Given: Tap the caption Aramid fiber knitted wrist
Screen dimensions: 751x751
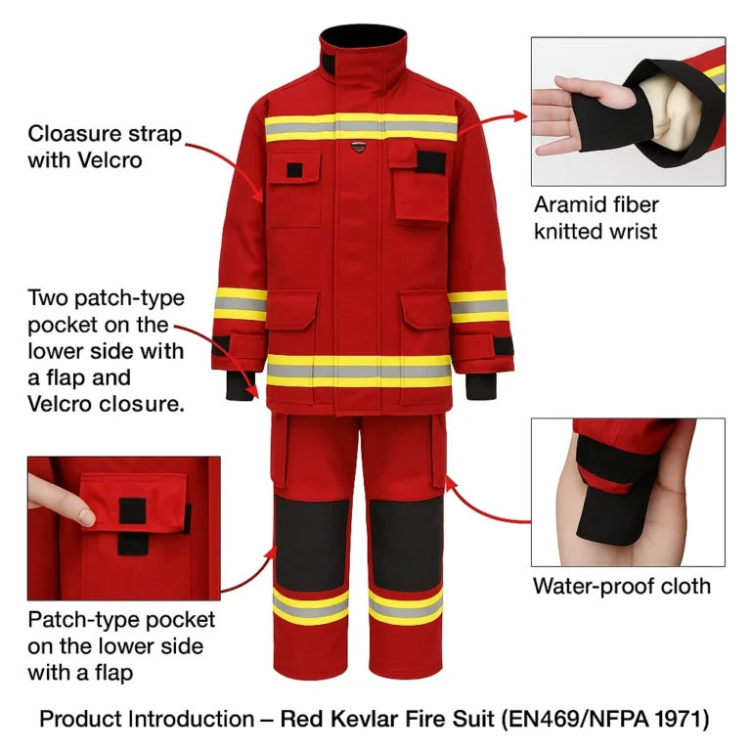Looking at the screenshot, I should coord(596,218).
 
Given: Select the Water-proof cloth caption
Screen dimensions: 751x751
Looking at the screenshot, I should coord(621,586).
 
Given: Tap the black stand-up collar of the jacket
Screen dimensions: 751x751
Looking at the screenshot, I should coord(363,44).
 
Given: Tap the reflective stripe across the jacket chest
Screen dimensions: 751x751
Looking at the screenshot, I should coord(361,128).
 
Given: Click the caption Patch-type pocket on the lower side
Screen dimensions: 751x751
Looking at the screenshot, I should coord(121,645).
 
